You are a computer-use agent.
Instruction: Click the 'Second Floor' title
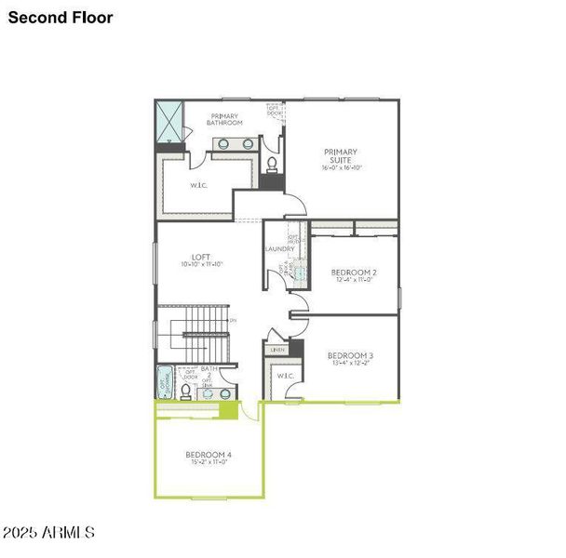61,18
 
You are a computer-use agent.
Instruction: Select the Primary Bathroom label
224,119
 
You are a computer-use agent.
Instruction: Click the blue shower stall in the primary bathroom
169,121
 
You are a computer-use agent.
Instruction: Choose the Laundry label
279,249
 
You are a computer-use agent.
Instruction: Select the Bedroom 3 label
350,355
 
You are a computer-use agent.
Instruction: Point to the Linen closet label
278,350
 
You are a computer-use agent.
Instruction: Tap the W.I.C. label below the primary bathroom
198,184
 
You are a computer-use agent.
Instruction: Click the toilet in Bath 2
186,392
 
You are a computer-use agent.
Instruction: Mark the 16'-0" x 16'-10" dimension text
341,168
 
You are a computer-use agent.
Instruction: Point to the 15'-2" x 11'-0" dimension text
209,462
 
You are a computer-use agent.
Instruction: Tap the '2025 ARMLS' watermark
48,533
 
